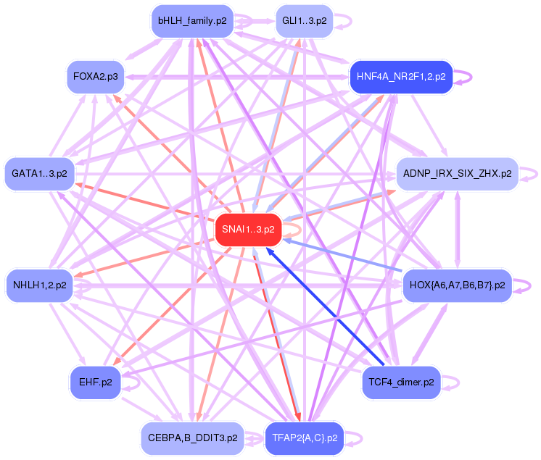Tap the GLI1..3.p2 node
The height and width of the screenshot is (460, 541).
pos(304,21)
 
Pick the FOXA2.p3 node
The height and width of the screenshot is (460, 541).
pos(96,75)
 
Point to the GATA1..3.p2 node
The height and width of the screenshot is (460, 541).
pos(39,174)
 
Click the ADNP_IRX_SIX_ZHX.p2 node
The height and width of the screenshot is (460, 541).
pos(457,174)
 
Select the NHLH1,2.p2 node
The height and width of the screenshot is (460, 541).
pos(39,285)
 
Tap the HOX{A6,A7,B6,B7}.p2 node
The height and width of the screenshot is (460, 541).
pos(457,285)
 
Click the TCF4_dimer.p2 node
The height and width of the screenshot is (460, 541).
pos(401,382)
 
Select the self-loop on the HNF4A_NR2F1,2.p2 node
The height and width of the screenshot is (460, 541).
pos(463,77)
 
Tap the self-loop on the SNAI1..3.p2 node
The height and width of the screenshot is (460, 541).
pos(292,230)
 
